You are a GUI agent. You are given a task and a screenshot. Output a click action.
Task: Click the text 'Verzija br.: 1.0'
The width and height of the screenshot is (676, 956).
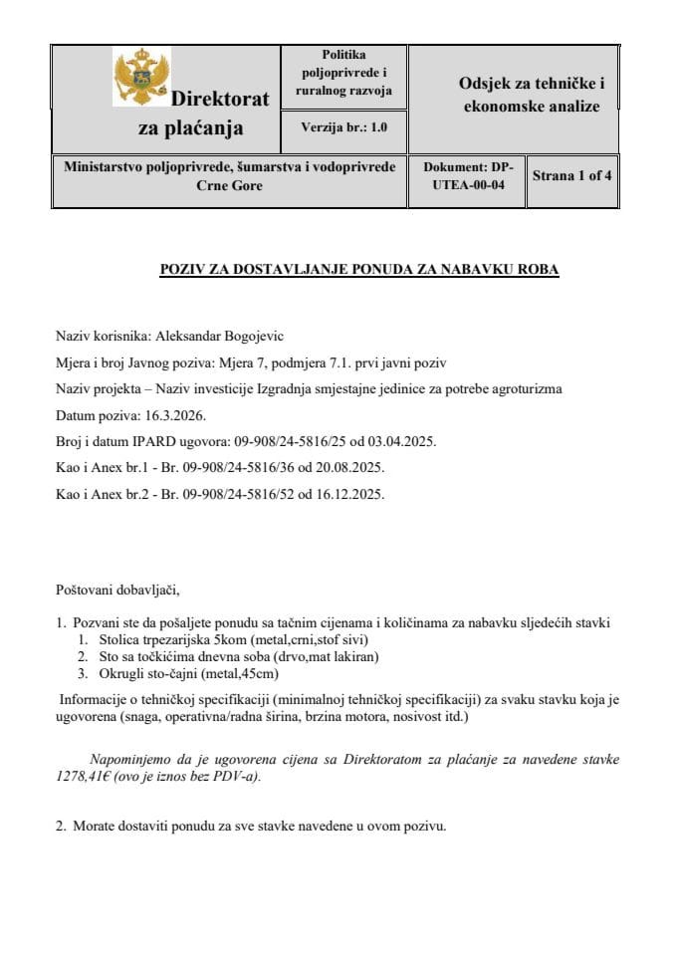click(x=343, y=127)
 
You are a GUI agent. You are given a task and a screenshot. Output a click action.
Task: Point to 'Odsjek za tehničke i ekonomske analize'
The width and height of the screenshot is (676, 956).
click(x=532, y=96)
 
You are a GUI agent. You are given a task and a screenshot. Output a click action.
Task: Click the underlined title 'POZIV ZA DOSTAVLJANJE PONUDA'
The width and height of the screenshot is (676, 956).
click(x=359, y=270)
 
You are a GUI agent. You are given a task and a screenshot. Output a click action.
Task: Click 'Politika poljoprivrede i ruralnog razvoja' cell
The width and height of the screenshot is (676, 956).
click(x=343, y=73)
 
